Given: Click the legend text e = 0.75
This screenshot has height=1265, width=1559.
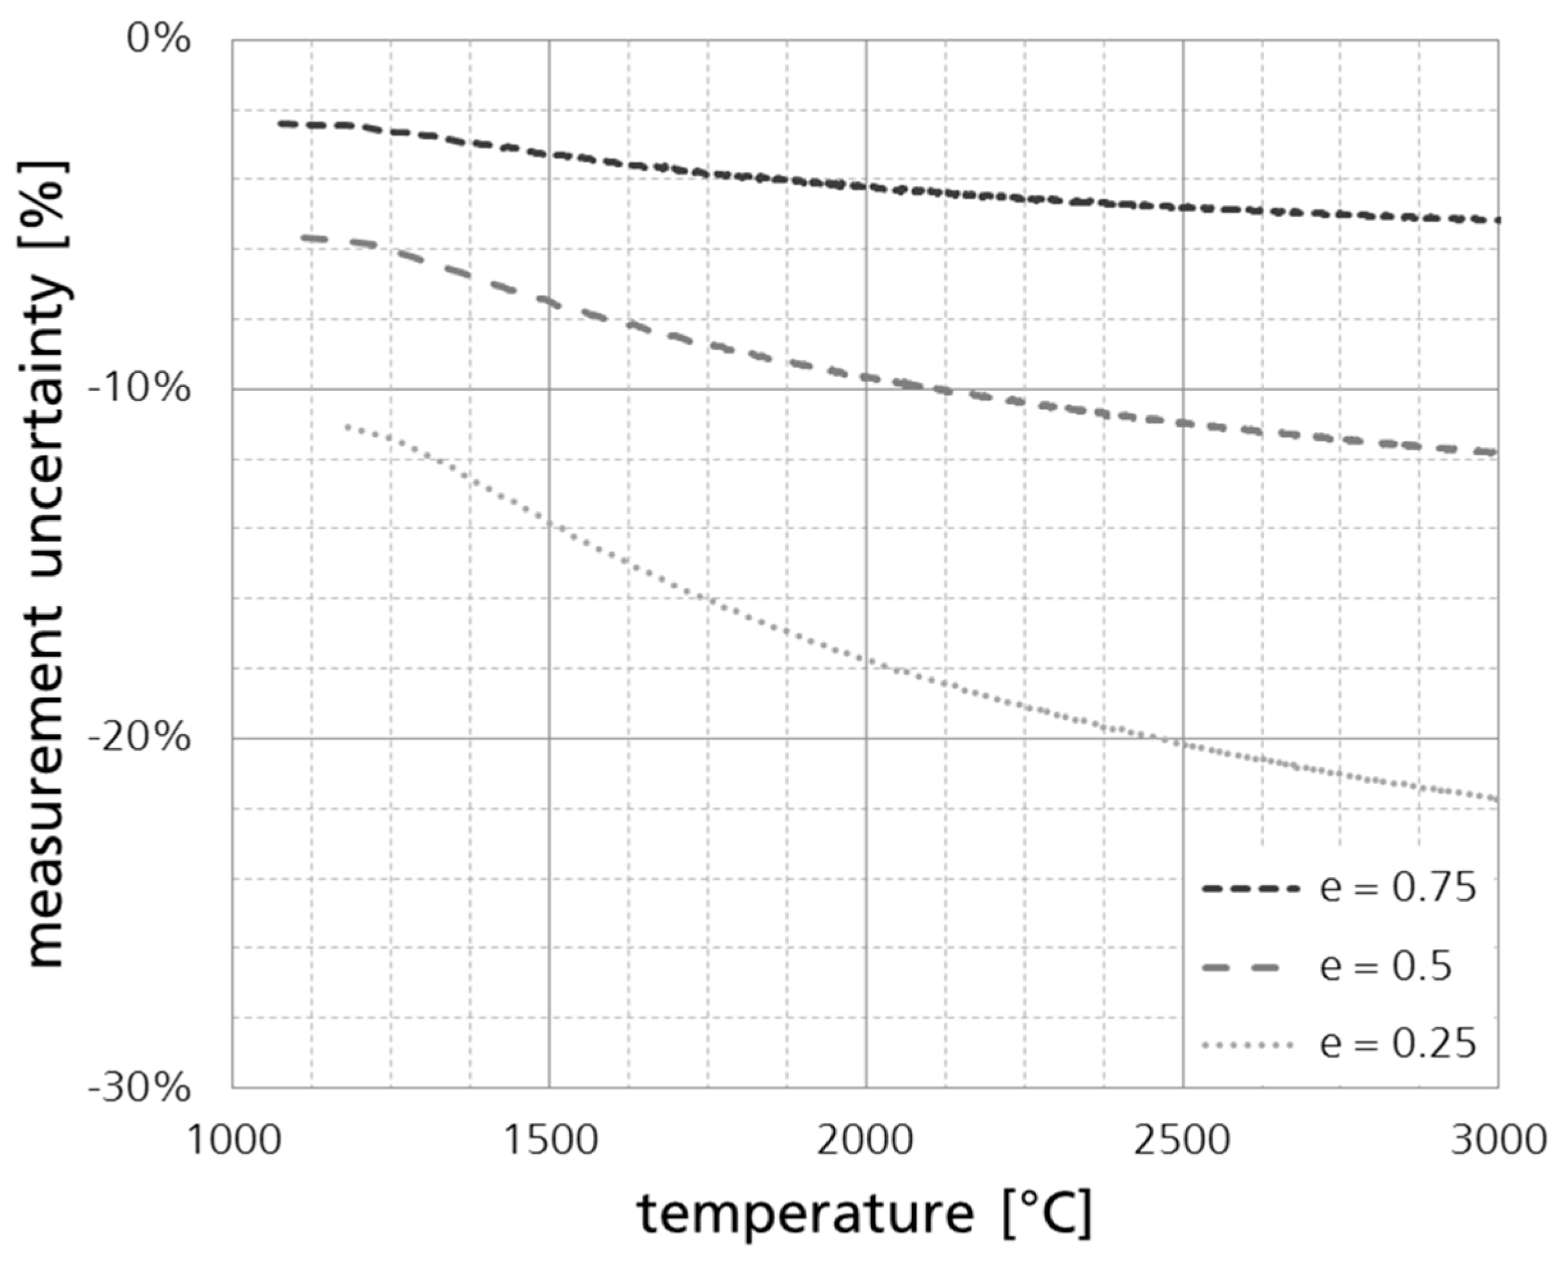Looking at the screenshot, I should pyautogui.click(x=1398, y=888).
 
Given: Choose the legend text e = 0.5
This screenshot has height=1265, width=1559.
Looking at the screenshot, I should pyautogui.click(x=1386, y=967).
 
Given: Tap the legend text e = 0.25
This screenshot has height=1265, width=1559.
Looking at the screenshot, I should pyautogui.click(x=1398, y=1044).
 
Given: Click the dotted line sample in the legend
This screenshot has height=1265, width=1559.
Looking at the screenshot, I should pyautogui.click(x=1248, y=1045).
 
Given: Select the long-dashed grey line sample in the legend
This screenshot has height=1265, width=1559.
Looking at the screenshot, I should pyautogui.click(x=1248, y=967).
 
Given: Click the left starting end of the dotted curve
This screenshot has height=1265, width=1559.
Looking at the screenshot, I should pyautogui.click(x=348, y=426).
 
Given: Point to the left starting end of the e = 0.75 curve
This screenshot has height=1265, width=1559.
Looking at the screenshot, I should pyautogui.click(x=280, y=123).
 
